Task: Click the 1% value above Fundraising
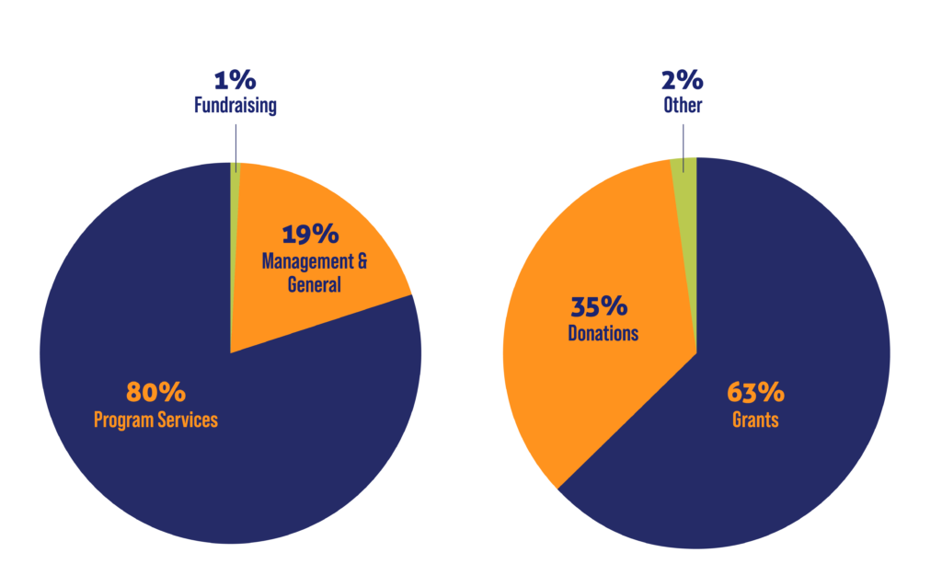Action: pos(235,81)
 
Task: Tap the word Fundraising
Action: pos(235,106)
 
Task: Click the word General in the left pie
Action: pos(314,284)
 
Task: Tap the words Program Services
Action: pos(155,420)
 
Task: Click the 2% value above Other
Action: pos(683,81)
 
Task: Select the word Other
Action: pos(683,106)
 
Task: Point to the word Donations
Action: pos(603,332)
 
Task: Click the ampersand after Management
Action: pos(362,261)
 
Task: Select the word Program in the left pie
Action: pos(125,420)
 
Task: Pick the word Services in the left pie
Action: pos(188,420)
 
